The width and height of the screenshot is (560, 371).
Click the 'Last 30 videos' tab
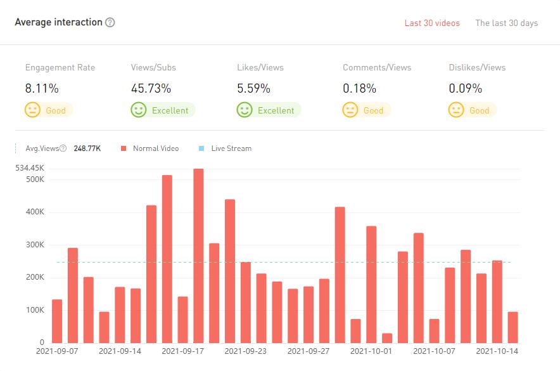point(432,23)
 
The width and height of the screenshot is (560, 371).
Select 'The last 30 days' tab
point(506,23)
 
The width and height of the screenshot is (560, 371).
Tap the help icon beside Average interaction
point(110,22)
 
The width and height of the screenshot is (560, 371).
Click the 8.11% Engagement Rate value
point(42,88)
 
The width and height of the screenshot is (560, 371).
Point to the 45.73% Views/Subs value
point(151,88)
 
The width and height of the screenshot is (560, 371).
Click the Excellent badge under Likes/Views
point(269,110)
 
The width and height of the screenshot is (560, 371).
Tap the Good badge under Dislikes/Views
point(472,110)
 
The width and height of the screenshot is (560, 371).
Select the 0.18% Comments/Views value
point(359,88)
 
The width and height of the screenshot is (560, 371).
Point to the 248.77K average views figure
point(87,148)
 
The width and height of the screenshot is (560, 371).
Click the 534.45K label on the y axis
point(30,168)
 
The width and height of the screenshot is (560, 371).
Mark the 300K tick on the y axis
point(34,245)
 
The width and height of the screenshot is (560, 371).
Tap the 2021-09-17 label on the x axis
point(182,350)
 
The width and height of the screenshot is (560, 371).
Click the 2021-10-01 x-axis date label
point(371,350)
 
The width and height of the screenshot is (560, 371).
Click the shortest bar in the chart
point(387,337)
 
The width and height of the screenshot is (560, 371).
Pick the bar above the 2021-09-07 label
point(57,321)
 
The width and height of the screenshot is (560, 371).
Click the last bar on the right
point(512,327)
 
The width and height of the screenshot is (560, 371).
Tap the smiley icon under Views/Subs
point(138,110)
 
